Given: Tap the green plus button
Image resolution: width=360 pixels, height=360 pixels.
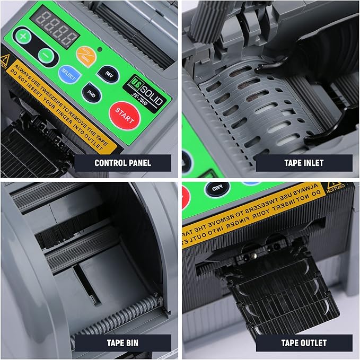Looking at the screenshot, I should click(23, 37).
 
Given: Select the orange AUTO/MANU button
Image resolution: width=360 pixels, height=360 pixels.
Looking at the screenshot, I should click(84, 54).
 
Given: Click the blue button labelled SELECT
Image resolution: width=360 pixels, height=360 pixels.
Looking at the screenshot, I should click(68, 75).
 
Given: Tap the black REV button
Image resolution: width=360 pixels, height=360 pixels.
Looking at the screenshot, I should click(109, 74).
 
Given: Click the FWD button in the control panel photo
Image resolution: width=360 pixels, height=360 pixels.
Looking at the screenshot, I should click(91, 93).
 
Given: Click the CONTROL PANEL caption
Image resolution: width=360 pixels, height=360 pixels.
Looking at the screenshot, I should click(122, 163).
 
